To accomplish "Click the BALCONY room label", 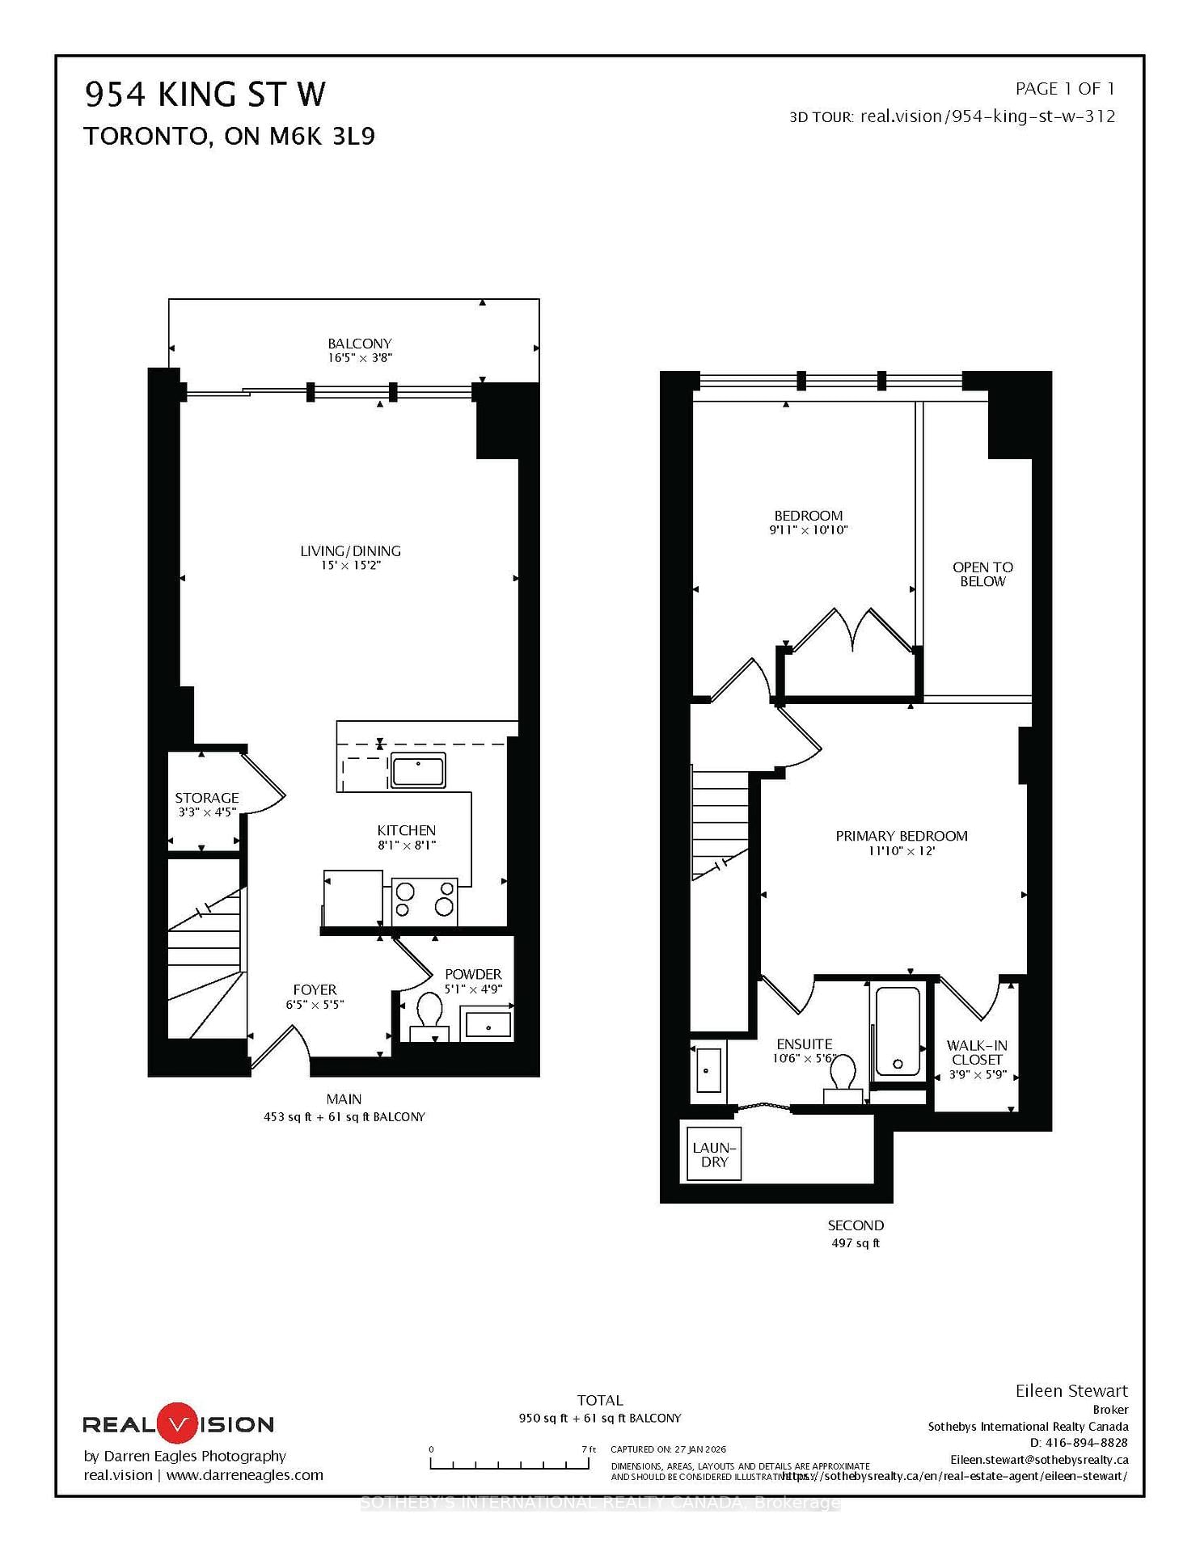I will [x=359, y=344].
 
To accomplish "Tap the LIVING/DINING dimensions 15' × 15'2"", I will [x=350, y=566].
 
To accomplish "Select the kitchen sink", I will [x=417, y=770].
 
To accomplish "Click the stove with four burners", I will [x=424, y=900].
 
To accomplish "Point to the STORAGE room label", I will [x=207, y=798].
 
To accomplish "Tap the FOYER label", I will [x=315, y=990].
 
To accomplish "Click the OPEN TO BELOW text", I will [x=982, y=574].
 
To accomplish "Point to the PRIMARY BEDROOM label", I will [x=901, y=836].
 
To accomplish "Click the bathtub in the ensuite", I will [x=898, y=1031].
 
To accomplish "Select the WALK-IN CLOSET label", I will [x=977, y=1052].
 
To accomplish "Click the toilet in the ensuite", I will [x=843, y=1077].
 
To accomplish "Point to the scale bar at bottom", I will [x=509, y=1464].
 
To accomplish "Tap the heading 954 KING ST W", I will [x=205, y=95].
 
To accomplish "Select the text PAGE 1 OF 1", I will [x=1064, y=89].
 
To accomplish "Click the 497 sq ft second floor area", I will [x=856, y=1243].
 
